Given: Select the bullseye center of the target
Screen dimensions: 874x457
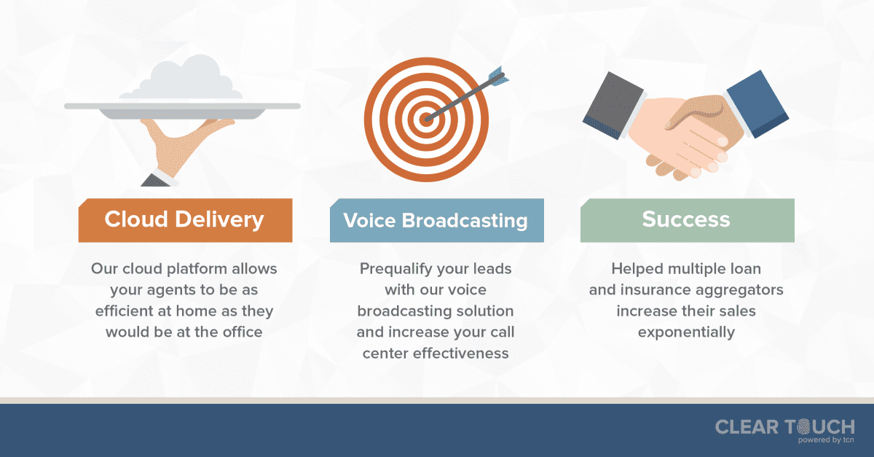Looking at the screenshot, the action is coord(427,120).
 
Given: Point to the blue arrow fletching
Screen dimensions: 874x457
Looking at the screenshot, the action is coord(499,76).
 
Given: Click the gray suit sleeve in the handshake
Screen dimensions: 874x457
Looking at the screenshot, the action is coord(613,106).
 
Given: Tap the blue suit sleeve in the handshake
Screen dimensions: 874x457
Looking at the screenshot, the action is coord(757,103).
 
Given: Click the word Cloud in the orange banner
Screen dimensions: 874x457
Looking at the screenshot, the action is coord(136,219).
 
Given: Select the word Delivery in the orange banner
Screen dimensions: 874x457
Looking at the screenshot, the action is coord(220,220).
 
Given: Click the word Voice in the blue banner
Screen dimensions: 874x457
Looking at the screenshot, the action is coord(369,220).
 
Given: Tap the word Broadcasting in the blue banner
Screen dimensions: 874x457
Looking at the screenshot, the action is coord(465,222).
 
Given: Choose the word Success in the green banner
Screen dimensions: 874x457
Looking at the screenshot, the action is coord(686,219).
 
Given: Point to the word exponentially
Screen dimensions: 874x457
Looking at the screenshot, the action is coord(686,333).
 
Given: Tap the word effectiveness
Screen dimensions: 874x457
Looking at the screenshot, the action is coord(461,353).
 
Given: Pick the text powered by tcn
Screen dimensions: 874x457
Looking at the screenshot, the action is coord(826,440).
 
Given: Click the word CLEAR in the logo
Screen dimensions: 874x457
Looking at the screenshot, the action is coord(747,427).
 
